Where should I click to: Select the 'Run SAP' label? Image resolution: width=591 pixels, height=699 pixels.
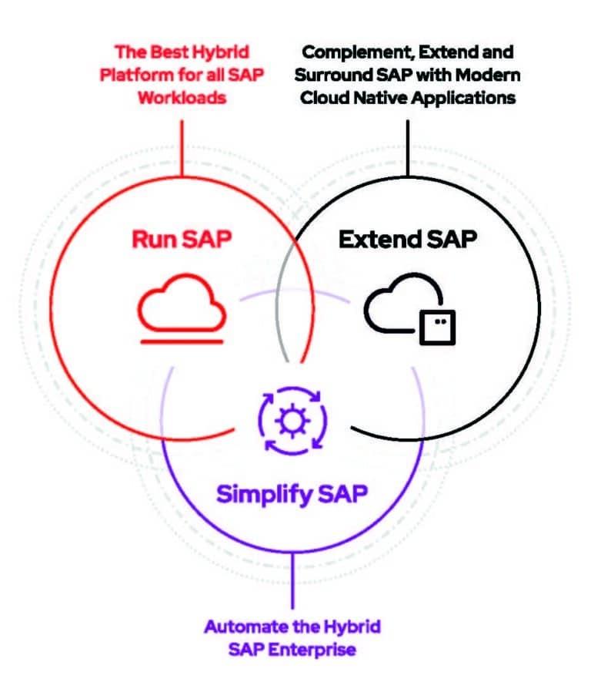point(182,240)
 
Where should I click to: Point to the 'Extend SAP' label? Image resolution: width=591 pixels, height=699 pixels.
point(408,240)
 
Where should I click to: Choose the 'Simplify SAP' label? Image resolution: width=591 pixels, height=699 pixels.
point(292,493)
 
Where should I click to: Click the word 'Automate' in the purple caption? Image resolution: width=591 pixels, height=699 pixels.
point(240,626)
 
